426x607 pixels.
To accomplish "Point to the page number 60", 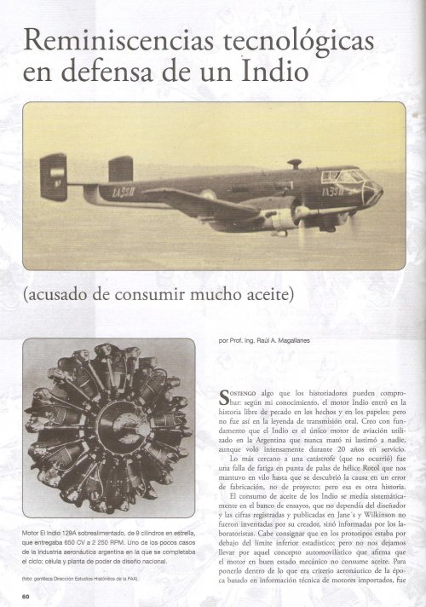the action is click(x=26, y=595).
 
